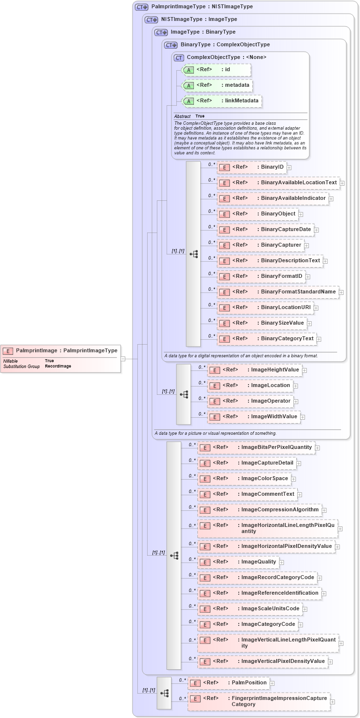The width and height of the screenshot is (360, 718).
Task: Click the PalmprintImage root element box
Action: click(x=60, y=350)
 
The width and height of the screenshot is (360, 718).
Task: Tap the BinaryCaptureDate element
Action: click(x=265, y=230)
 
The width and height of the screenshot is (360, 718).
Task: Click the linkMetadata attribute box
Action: click(x=222, y=101)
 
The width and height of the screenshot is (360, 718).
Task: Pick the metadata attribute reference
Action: click(x=217, y=85)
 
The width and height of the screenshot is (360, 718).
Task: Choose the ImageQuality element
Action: click(x=238, y=562)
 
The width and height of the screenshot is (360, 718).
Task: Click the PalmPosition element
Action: click(x=228, y=683)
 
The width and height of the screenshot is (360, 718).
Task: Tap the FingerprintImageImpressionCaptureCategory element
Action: click(x=259, y=701)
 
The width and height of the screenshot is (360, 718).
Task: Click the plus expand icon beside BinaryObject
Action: click(x=301, y=214)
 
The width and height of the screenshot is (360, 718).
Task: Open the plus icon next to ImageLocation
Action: click(x=296, y=386)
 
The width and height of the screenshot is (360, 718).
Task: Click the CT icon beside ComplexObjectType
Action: click(x=179, y=58)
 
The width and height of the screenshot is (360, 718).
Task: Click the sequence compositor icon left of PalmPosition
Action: click(x=164, y=693)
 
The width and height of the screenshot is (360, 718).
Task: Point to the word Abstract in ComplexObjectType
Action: click(x=182, y=116)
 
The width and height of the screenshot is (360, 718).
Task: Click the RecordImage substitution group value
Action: click(x=58, y=366)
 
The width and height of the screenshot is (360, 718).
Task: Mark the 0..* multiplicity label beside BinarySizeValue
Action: click(x=211, y=320)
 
